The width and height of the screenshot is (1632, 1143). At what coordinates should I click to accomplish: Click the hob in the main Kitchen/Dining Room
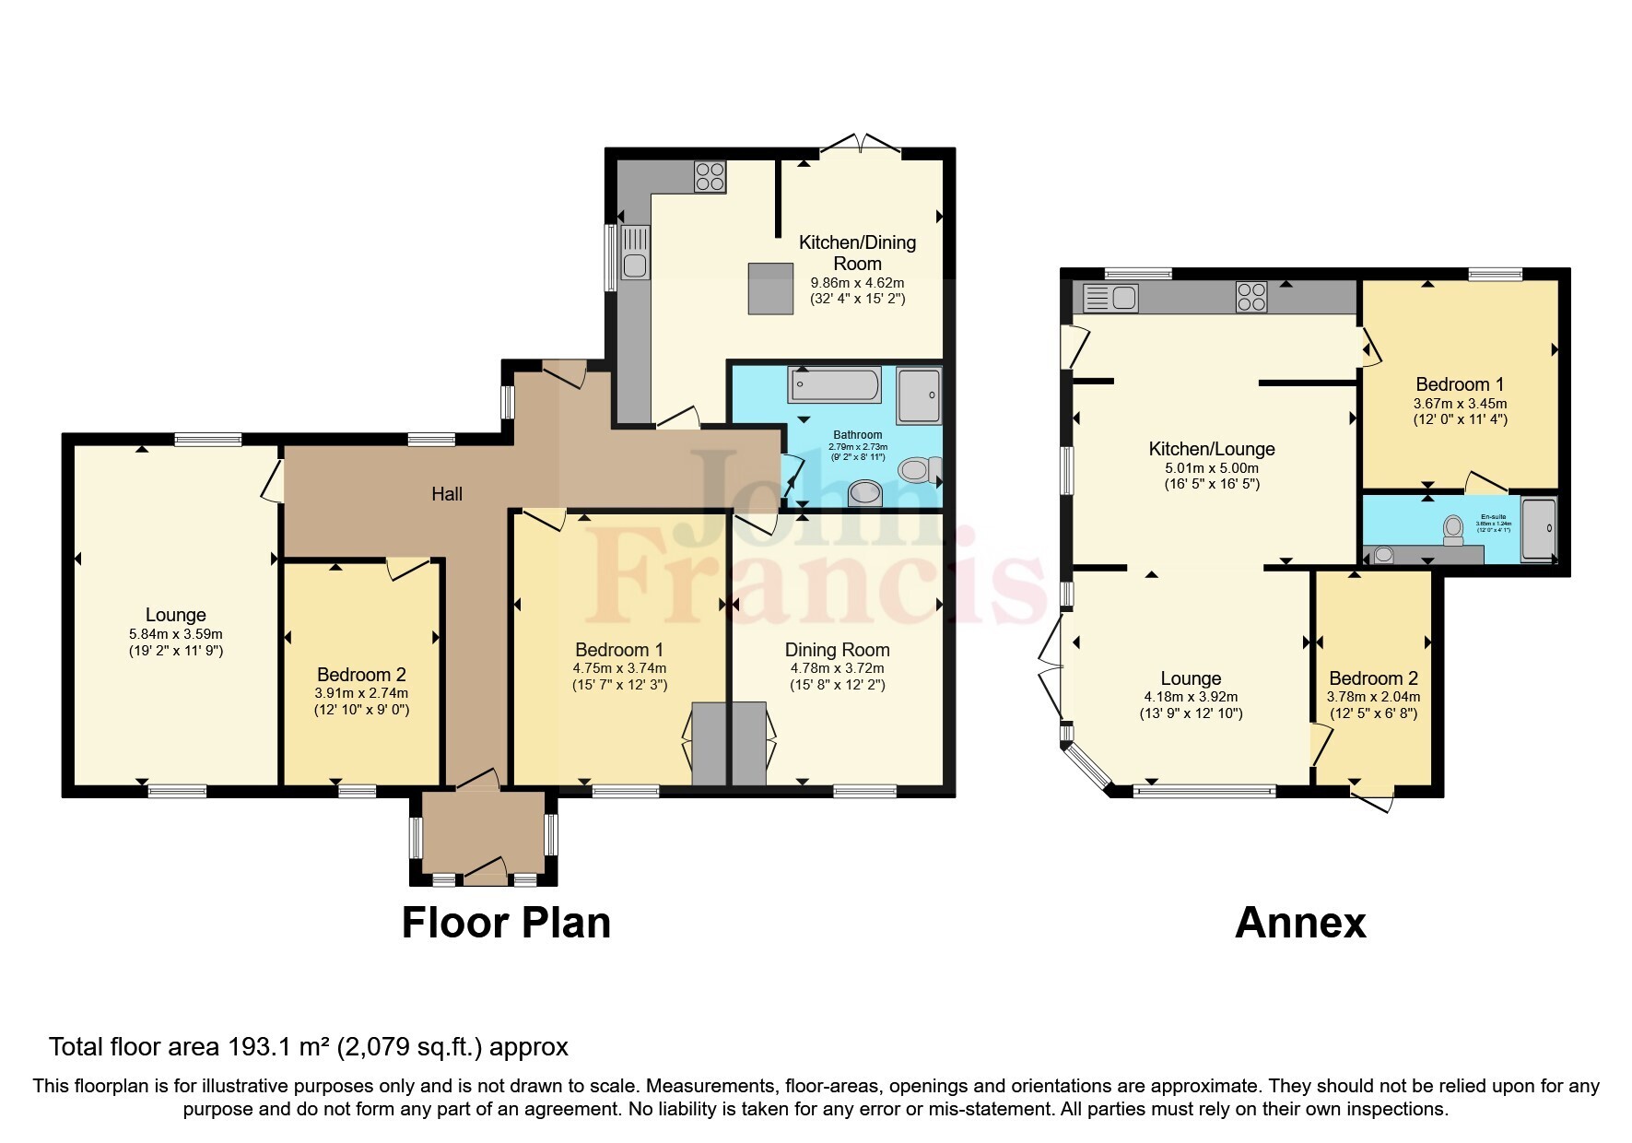[710, 176]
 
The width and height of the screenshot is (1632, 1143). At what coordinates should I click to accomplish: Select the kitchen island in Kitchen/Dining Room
[770, 289]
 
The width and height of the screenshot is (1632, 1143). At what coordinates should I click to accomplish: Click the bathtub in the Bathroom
[834, 384]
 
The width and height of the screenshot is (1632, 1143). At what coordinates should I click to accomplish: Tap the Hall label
[447, 494]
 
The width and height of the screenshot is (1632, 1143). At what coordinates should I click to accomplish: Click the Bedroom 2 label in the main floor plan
[361, 675]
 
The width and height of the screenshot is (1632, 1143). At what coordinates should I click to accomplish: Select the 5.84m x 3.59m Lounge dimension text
[176, 634]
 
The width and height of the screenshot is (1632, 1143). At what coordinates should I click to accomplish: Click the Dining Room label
[837, 650]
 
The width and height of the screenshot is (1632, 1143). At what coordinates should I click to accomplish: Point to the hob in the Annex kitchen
[1250, 297]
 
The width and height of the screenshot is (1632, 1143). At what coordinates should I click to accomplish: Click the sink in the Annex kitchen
[1111, 298]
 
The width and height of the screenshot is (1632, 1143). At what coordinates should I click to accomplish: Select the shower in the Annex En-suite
[1538, 529]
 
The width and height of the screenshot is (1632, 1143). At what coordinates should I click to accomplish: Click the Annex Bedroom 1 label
[1460, 384]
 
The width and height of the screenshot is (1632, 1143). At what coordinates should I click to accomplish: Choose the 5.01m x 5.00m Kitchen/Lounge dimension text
[1211, 468]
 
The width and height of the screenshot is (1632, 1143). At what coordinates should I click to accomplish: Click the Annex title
[1299, 923]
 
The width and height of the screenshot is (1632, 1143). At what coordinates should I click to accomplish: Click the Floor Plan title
[506, 923]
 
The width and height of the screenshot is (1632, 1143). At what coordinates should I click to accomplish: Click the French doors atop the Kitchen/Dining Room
[859, 145]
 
